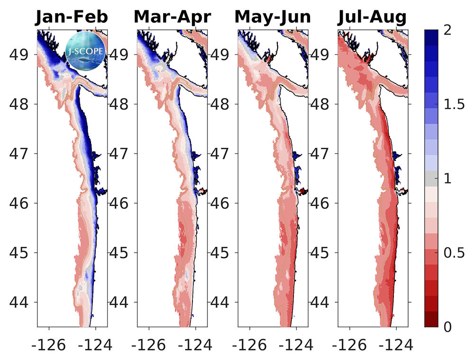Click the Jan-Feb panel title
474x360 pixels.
pos(72,18)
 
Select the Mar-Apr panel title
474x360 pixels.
pos(172,18)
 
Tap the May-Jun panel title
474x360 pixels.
pos(273,18)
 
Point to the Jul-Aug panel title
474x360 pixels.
pos(373,18)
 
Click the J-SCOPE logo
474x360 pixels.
pos(85,48)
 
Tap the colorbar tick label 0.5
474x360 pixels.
pos(454,253)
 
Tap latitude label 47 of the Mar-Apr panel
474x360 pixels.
pos(120,153)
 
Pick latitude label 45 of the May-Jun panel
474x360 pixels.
pos(221,252)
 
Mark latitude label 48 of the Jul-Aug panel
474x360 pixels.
pos(321,104)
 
